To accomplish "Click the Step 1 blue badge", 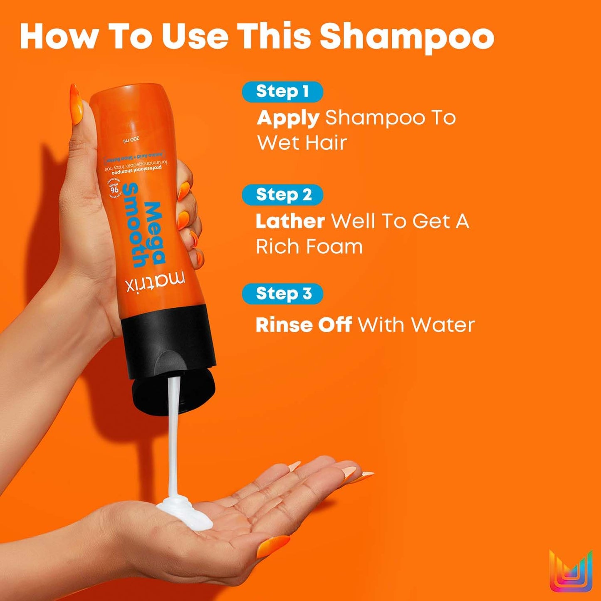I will pos(282,92).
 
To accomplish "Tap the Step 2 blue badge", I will pos(282,195).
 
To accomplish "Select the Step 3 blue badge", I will pos(282,294).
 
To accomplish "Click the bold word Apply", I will pos(288,119).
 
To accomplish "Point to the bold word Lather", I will pos(290,221).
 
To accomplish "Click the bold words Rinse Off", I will pos(304,325).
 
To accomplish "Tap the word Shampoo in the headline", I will pos(406,37).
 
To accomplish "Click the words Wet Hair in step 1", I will pos(302,143).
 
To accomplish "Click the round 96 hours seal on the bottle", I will pos(114,189).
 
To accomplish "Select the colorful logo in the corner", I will pos(571,571).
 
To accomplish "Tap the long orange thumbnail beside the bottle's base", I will pos(76,104).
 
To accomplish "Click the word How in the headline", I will pos(58,37).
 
